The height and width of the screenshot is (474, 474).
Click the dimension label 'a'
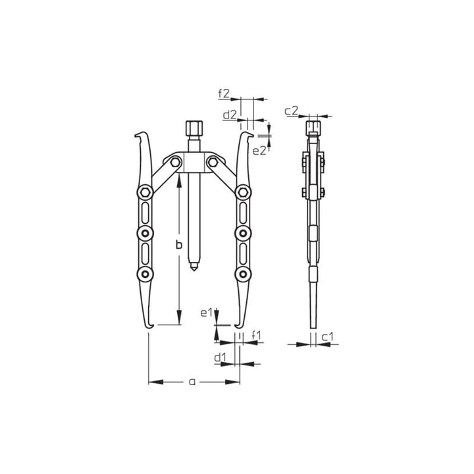point(192,381)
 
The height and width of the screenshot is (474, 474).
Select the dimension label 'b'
point(177,245)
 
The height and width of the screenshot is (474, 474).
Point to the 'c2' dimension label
point(292,111)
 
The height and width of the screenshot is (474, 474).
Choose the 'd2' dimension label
point(229,115)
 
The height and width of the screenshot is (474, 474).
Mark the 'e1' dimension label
point(206,313)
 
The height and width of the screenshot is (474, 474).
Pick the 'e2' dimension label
point(259,150)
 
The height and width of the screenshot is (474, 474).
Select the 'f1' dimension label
point(257,335)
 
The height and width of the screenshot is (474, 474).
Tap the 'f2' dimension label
point(224,93)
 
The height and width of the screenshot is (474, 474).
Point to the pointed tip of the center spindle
point(194,269)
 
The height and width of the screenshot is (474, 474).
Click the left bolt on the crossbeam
point(172,162)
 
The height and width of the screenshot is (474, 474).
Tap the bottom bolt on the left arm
point(144,273)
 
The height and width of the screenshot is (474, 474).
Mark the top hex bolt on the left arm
point(144,192)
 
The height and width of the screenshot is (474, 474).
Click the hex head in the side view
point(314,126)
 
